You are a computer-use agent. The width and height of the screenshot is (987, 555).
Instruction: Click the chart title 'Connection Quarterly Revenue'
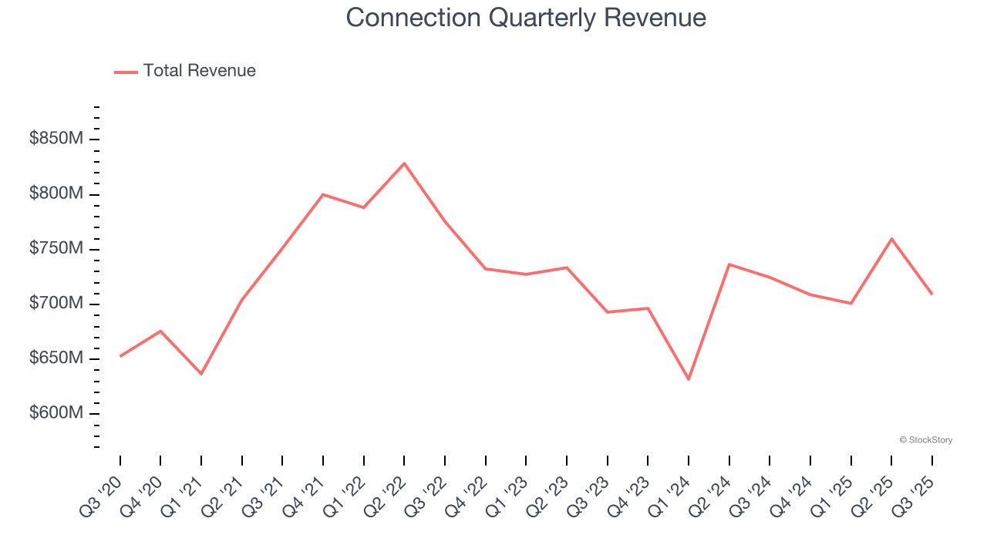[x=526, y=17]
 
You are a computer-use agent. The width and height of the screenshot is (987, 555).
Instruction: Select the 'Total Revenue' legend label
[x=199, y=71]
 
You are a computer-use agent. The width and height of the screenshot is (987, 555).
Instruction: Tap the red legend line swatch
[x=126, y=72]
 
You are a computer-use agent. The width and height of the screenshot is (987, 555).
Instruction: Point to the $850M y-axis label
[x=56, y=139]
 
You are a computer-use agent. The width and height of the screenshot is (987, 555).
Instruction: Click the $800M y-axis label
[x=56, y=193]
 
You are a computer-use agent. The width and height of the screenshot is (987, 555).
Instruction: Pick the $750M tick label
[x=56, y=248]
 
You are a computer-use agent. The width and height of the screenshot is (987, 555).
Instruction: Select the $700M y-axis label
[x=56, y=304]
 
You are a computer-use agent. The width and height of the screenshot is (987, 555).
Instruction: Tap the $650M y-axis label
[x=56, y=358]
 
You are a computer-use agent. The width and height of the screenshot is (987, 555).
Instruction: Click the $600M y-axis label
[x=56, y=413]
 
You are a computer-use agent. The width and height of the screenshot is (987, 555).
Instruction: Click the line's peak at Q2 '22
[x=404, y=163]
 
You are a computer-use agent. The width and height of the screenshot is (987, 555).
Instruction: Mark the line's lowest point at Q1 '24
[x=689, y=379]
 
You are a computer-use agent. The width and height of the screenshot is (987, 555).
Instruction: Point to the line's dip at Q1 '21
[x=201, y=374]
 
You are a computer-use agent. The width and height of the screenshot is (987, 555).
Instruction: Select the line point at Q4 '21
[x=323, y=194]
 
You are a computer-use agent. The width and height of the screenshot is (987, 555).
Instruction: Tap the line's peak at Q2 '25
[x=891, y=239]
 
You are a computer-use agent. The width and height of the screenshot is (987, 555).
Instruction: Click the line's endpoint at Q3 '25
[x=931, y=294]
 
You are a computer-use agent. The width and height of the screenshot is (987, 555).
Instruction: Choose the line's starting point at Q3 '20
[x=120, y=356]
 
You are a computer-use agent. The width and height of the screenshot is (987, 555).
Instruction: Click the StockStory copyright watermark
[x=925, y=440]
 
